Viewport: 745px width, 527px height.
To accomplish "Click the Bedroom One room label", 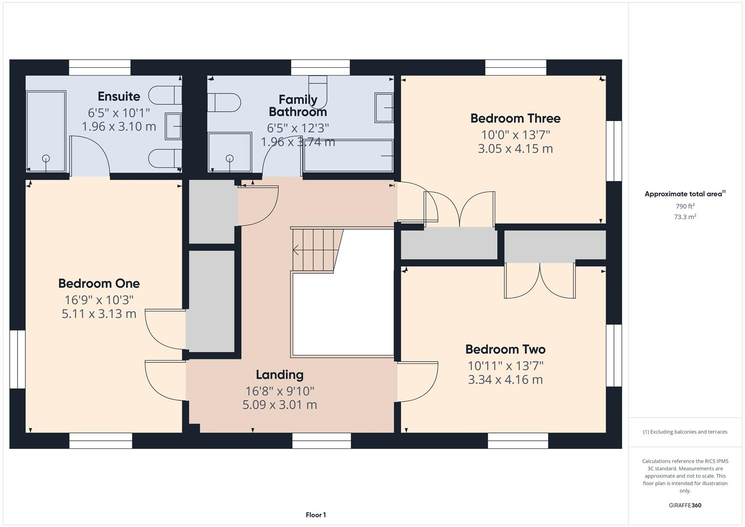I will (99, 284).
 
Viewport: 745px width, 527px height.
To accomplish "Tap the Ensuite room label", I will (119, 96).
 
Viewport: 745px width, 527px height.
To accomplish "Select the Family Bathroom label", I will (298, 106).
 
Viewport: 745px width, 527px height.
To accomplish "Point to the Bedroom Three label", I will (515, 118).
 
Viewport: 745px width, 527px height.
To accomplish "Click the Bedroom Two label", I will (505, 349).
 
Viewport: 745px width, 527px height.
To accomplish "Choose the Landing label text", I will (280, 375).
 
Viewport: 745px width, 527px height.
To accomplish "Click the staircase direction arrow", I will (296, 250).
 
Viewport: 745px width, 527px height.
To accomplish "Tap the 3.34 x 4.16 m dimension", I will (505, 380).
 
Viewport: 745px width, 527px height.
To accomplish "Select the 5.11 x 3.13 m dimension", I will (99, 314).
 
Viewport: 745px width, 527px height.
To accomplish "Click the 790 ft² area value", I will (685, 206).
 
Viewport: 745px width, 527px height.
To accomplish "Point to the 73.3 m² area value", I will (685, 217).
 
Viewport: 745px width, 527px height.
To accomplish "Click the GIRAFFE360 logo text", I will (685, 506).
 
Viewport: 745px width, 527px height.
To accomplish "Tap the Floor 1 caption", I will (316, 515).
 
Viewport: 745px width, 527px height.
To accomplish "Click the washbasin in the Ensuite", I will (173, 126).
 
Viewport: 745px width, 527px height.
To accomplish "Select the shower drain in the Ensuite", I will (46, 158).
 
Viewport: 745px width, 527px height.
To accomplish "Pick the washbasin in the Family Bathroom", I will (384, 108).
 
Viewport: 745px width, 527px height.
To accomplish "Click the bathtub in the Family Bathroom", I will (347, 156).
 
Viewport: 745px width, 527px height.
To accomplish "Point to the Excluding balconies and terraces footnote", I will (685, 432).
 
